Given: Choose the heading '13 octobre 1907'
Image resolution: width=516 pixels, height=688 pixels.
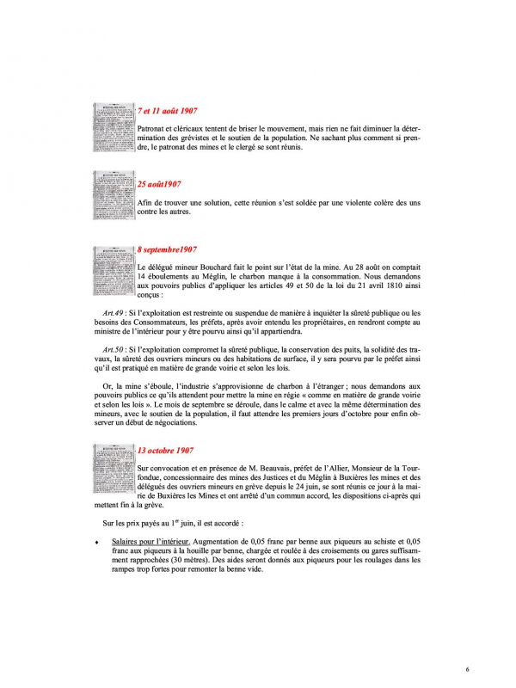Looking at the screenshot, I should tap(165, 450).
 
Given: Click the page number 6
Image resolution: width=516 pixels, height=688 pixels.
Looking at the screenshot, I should tap(466, 667).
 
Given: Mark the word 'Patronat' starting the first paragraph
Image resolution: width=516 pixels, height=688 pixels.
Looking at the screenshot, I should tap(153, 128).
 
